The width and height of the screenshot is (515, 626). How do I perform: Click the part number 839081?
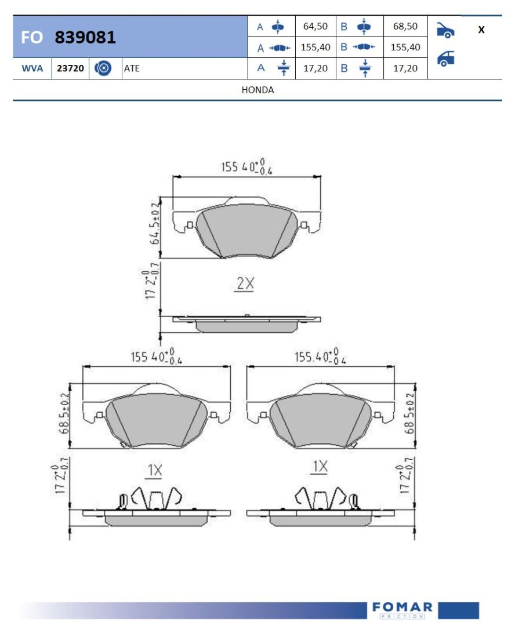pyautogui.click(x=85, y=37)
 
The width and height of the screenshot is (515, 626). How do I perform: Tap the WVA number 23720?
pyautogui.click(x=70, y=68)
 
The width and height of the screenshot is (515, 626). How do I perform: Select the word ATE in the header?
pyautogui.click(x=132, y=68)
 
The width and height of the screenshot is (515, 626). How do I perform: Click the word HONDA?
pyautogui.click(x=257, y=90)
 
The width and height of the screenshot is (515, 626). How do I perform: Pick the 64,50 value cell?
pyautogui.click(x=315, y=26)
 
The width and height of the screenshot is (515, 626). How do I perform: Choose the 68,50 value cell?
pyautogui.click(x=405, y=26)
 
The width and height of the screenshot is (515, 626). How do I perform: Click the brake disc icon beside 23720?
pyautogui.click(x=103, y=68)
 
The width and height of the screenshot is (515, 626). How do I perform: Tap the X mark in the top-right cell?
pyautogui.click(x=481, y=30)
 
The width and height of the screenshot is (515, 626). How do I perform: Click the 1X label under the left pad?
pyautogui.click(x=155, y=470)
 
